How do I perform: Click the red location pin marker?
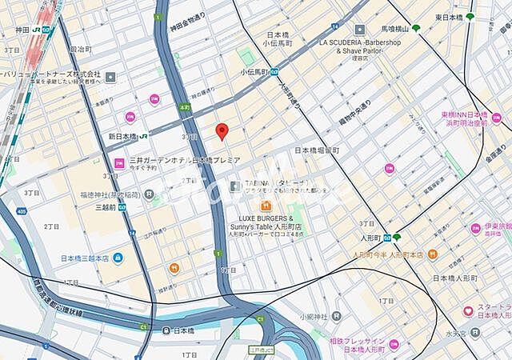(x=223, y=132)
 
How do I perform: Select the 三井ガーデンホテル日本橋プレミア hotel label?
(x=185, y=161)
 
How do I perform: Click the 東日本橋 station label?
(x=449, y=17)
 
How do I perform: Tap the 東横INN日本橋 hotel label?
(x=464, y=116)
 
